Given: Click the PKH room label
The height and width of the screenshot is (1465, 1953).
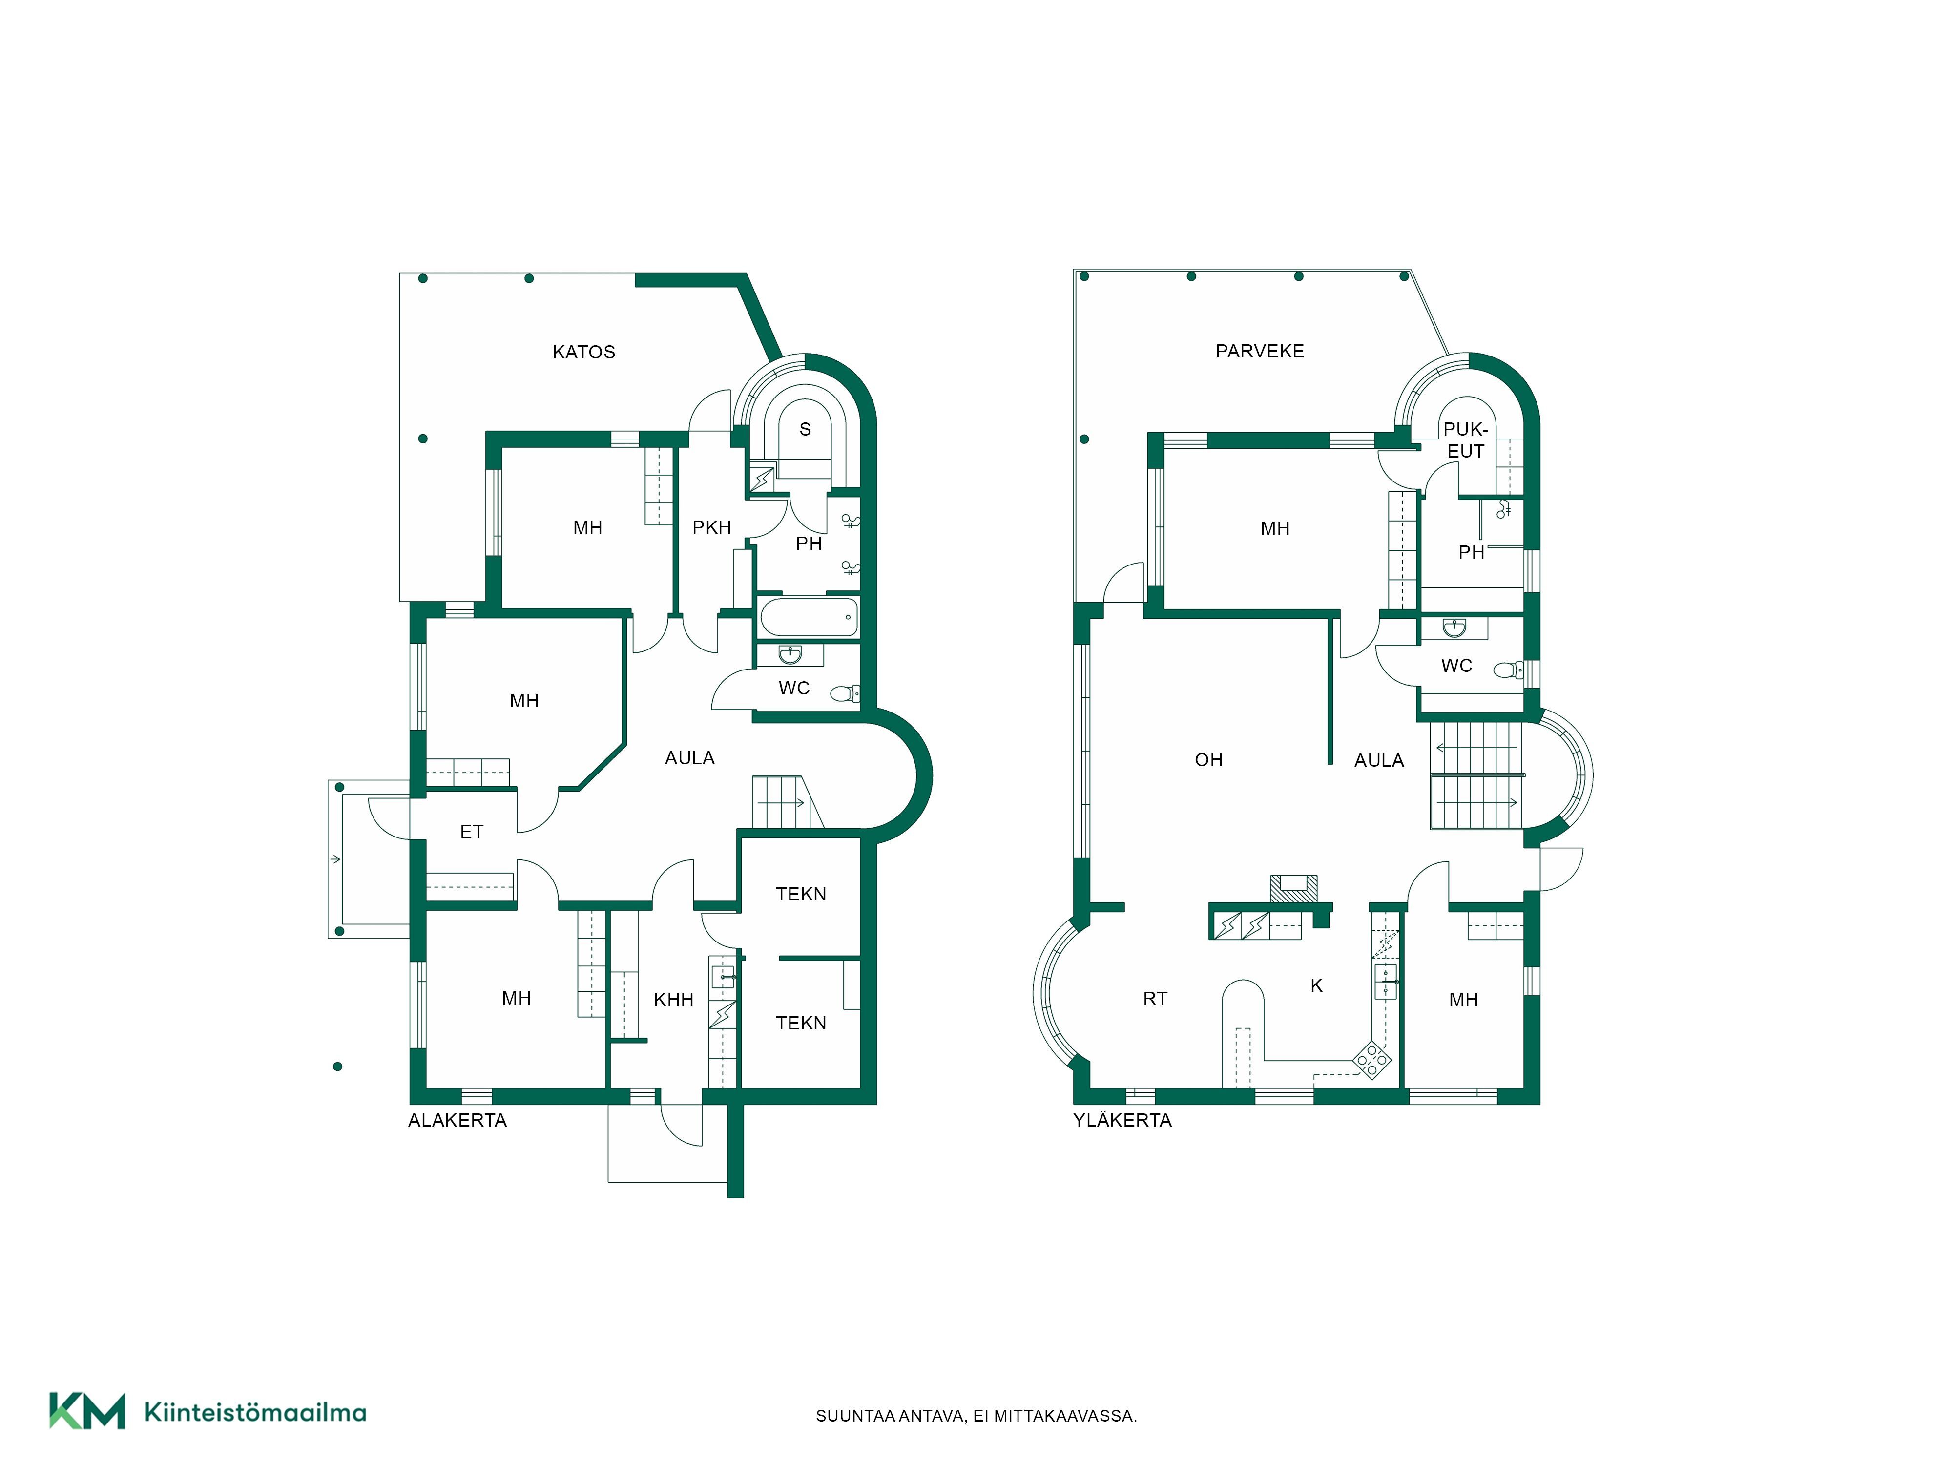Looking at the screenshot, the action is click(712, 528).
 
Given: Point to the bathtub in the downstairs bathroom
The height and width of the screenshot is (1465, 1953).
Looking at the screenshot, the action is click(809, 616).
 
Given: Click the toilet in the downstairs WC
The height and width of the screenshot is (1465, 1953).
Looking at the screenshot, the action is click(846, 694).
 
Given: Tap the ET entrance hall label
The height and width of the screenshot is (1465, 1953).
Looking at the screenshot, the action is click(472, 832).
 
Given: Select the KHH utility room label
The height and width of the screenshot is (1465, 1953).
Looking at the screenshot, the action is click(674, 1000).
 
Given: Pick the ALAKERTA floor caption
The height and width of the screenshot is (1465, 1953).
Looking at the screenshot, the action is click(457, 1121).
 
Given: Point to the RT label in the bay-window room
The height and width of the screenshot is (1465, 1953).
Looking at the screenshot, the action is click(1155, 999).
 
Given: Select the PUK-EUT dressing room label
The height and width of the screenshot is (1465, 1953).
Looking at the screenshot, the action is click(1466, 440).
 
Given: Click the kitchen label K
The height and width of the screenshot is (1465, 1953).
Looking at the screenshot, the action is click(1316, 985).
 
